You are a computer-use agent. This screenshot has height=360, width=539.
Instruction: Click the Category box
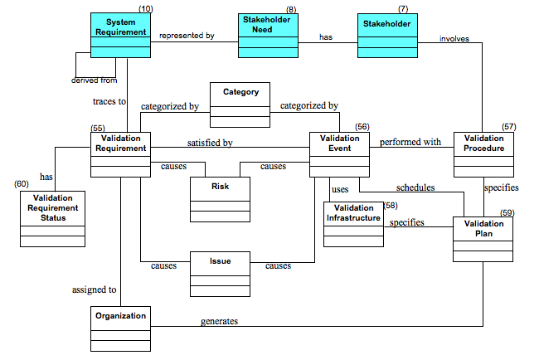(240, 105)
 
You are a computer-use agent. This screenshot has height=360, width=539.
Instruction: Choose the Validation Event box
(339, 154)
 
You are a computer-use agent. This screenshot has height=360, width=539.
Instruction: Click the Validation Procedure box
(483, 154)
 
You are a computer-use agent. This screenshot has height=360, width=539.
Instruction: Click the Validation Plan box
(483, 239)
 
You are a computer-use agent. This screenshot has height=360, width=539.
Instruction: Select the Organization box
(120, 328)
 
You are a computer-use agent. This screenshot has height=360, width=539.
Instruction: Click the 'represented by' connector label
(187, 36)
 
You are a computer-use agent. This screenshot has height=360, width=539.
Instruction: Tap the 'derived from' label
(94, 80)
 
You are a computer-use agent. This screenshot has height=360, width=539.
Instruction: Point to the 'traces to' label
(109, 102)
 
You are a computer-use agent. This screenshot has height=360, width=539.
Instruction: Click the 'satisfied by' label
(210, 143)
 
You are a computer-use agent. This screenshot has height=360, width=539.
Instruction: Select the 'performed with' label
(410, 142)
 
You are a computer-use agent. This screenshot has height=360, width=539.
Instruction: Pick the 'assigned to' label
(95, 289)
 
